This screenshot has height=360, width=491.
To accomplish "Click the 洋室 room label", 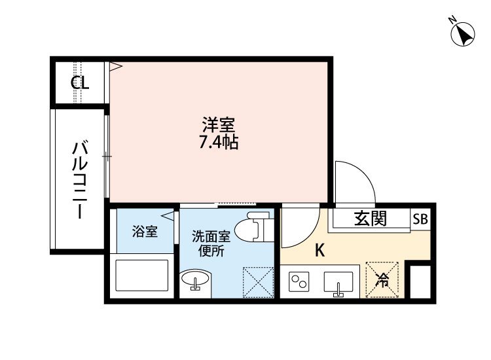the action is click(219, 124).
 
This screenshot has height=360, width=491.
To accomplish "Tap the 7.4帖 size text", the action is click(219, 143).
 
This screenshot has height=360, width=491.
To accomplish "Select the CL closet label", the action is click(80, 83).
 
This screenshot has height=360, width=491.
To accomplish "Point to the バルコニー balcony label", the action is click(80, 180).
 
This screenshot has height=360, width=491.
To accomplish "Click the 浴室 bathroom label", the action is click(145, 231).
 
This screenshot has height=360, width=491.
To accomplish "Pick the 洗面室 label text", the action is click(211, 237).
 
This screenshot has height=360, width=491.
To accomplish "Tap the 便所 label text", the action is click(211, 251).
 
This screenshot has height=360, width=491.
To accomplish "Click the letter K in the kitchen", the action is click(319, 251).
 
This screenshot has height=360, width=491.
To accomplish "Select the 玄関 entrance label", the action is click(371, 218).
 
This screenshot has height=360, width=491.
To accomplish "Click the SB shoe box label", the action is click(420, 219).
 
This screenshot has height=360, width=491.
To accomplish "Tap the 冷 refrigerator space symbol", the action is click(382, 279).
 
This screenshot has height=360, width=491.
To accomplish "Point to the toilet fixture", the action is click(253, 226).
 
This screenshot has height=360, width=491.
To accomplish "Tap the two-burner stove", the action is click(299, 281).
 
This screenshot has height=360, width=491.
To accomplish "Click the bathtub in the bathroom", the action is click(142, 276).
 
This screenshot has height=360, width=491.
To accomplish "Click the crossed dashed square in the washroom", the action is click(259, 282).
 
